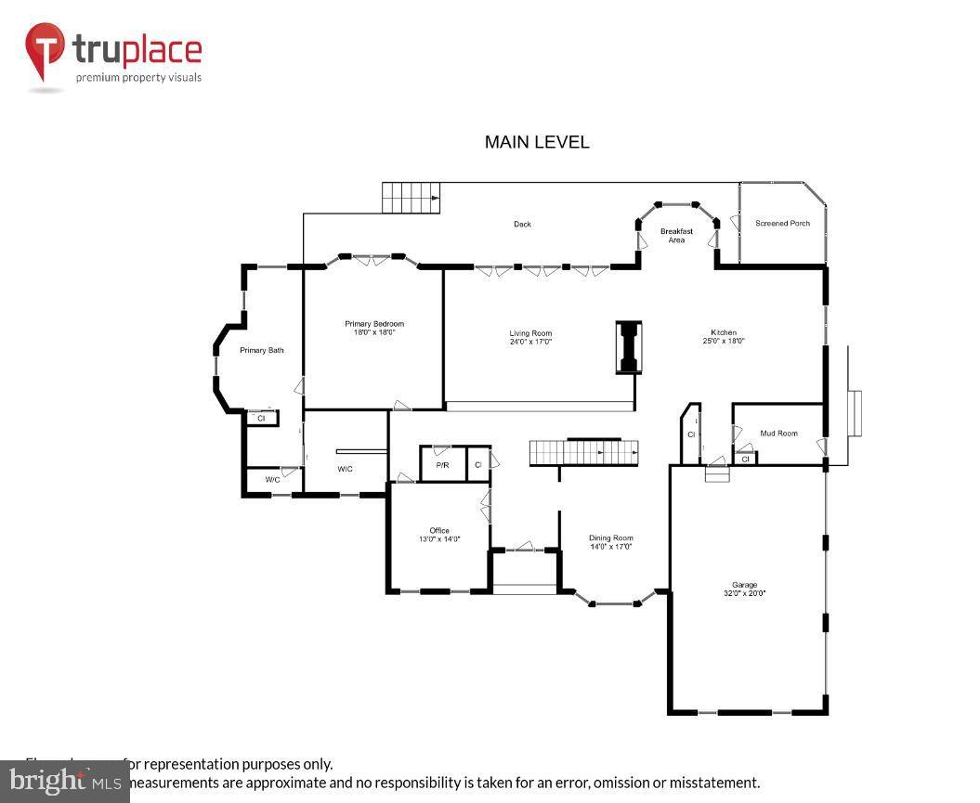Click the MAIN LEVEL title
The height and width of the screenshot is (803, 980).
537,142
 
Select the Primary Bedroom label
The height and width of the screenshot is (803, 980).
374,328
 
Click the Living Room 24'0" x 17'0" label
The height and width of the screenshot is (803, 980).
530,337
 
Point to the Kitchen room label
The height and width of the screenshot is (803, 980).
724,336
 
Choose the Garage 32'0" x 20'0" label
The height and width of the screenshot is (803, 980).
744,589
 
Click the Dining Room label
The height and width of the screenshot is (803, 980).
610,542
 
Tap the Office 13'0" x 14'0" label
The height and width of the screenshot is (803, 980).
439,535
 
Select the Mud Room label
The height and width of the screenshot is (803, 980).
778,434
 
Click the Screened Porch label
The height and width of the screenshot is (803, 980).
782,224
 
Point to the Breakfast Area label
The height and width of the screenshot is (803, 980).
676,236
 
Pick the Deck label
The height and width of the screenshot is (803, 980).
523,224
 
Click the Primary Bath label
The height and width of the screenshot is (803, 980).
262,350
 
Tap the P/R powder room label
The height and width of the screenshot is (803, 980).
443,464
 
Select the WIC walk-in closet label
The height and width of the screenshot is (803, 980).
345,469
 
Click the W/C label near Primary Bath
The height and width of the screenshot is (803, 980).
272,479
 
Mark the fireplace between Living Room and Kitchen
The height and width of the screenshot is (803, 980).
629,347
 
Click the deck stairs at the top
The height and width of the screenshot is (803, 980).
411,197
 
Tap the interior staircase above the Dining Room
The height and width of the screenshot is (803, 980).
584,453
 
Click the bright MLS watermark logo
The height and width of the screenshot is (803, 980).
65,780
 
